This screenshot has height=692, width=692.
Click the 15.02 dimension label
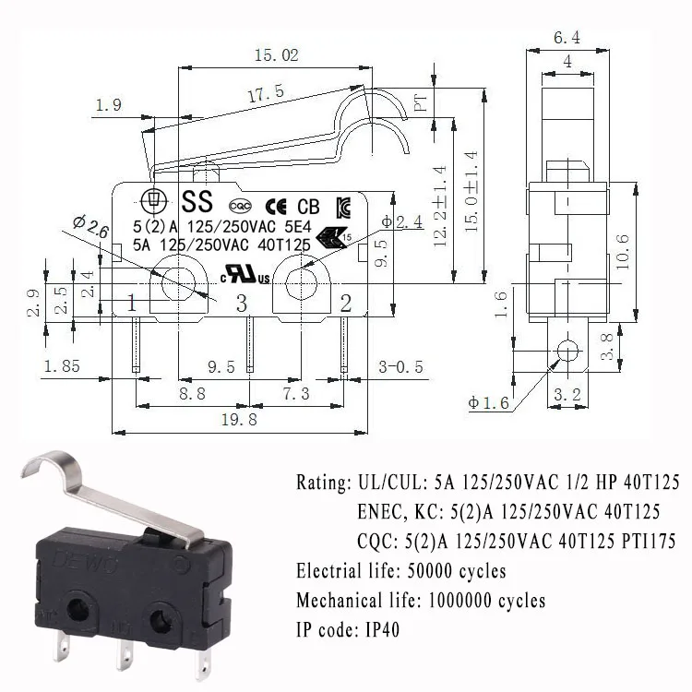pyautogui.click(x=277, y=56)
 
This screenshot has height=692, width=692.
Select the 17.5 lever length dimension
pyautogui.click(x=265, y=93)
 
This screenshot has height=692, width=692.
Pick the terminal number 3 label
pyautogui.click(x=242, y=303)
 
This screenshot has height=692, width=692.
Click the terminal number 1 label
pyautogui.click(x=132, y=303)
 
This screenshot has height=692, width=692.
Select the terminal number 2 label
pyautogui.click(x=346, y=303)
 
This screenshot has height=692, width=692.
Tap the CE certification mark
pyautogui.click(x=276, y=206)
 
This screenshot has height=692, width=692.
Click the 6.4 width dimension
pyautogui.click(x=565, y=38)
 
